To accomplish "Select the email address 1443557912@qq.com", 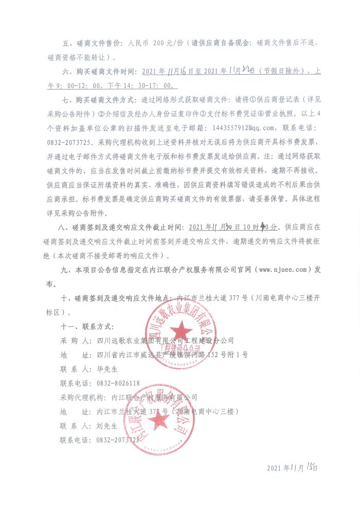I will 252,127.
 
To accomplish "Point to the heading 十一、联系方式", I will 87,326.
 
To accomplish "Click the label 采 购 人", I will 76,340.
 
